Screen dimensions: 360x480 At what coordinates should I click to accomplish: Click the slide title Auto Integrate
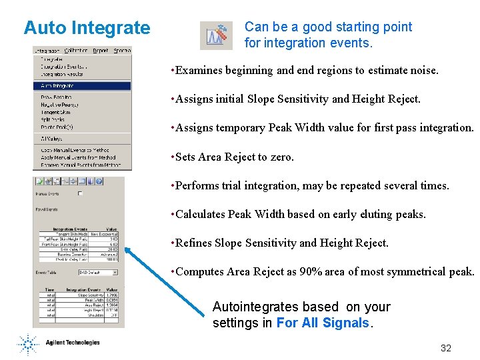click(x=87, y=28)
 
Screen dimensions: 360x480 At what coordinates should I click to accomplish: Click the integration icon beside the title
click(x=216, y=35)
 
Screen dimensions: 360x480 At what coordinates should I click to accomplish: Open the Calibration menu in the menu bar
click(x=76, y=51)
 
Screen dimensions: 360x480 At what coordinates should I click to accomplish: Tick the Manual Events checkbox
click(x=81, y=194)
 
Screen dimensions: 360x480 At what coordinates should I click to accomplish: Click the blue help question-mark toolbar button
click(x=99, y=181)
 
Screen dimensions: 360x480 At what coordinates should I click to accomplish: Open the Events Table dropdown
click(x=115, y=272)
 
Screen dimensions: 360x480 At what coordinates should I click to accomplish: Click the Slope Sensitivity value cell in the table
click(x=111, y=295)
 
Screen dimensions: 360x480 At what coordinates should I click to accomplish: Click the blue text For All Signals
click(x=323, y=323)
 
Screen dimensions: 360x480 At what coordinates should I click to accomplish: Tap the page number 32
click(x=446, y=348)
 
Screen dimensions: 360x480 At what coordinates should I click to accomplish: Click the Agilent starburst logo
click(x=28, y=344)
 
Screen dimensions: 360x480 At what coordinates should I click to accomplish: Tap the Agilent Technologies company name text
click(x=73, y=343)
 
